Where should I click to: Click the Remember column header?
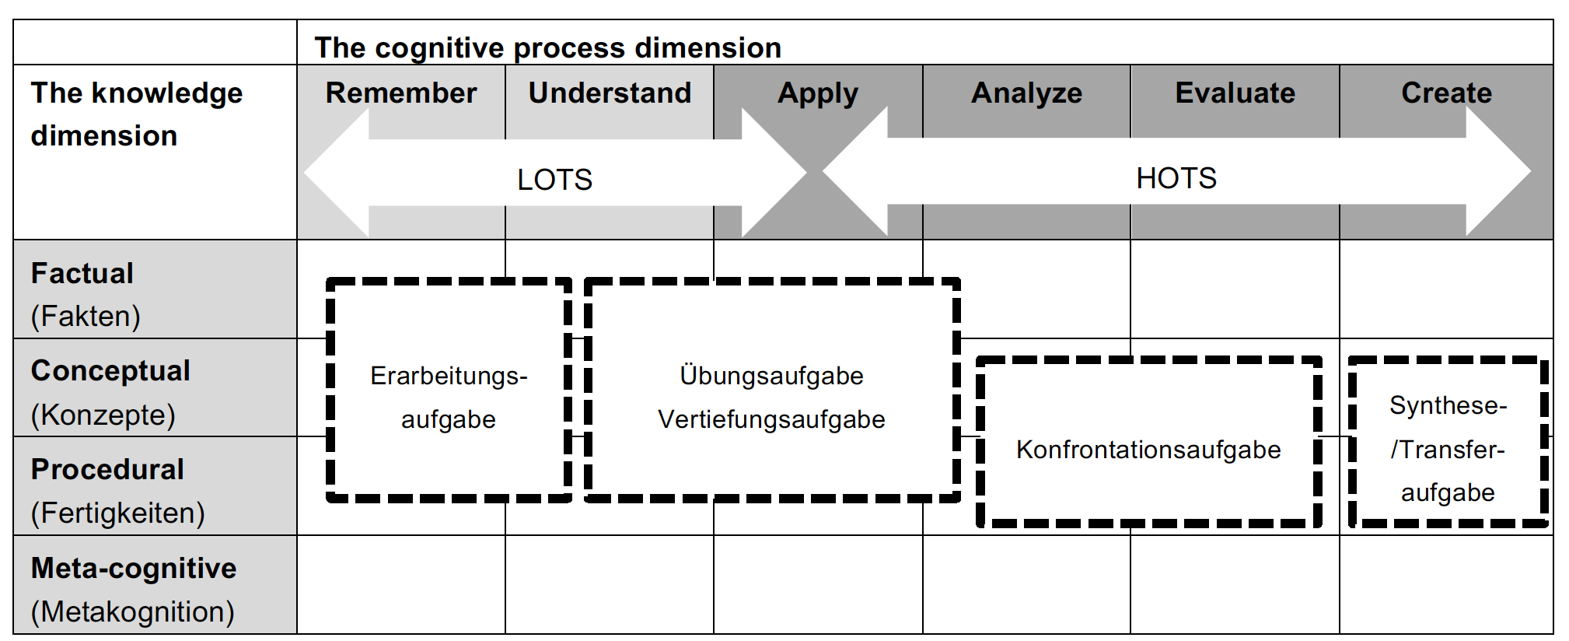[x=400, y=93]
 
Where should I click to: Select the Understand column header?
[x=610, y=93]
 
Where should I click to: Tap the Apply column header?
[x=818, y=93]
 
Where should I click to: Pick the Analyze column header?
[x=1026, y=93]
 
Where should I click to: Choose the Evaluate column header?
[x=1235, y=93]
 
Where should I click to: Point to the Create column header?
[x=1446, y=93]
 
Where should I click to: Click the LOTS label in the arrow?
[x=554, y=180]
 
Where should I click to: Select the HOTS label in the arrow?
[x=1176, y=178]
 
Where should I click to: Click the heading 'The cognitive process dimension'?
[x=547, y=47]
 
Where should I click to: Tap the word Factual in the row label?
[x=82, y=274]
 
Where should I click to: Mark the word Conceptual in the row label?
[x=110, y=371]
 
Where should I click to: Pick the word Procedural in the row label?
[x=107, y=470]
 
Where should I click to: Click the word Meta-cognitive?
[x=134, y=569]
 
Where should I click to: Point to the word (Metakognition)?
[x=132, y=612]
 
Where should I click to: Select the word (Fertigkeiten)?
[x=117, y=513]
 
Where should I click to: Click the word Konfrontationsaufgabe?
[x=1148, y=450]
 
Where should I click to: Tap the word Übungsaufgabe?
[x=771, y=376]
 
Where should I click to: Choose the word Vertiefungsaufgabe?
[x=771, y=419]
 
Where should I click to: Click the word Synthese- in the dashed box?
[x=1448, y=405]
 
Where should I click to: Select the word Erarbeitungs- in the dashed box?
[x=449, y=376]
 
